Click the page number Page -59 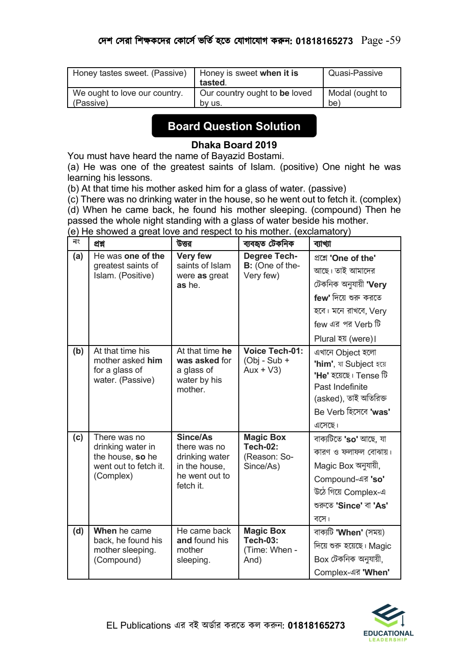(380, 40)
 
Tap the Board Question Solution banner (234, 126)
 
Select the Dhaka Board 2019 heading (234, 145)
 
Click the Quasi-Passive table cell (355, 73)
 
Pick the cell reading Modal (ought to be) (357, 98)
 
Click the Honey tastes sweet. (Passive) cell (130, 73)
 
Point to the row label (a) (78, 256)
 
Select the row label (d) (78, 531)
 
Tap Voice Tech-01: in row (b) (273, 351)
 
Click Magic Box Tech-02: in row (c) (265, 442)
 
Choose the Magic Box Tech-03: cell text (265, 535)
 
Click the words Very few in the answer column (194, 256)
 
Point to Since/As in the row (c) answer (195, 437)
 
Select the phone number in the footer (316, 626)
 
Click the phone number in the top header (324, 41)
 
